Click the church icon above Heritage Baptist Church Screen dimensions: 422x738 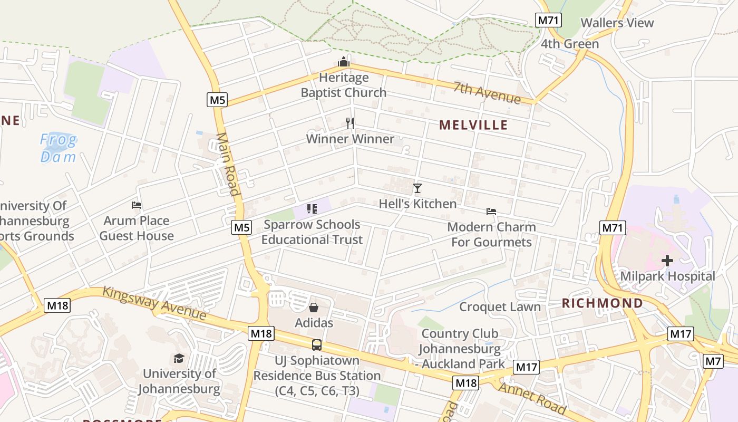pyautogui.click(x=344, y=62)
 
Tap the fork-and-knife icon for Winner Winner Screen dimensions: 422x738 pyautogui.click(x=350, y=123)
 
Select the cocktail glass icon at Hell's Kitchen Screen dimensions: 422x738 pyautogui.click(x=417, y=188)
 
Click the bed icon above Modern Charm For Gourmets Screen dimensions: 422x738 pyautogui.click(x=491, y=212)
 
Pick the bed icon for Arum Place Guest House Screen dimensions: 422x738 pyautogui.click(x=137, y=205)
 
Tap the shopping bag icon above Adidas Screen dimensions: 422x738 pyautogui.click(x=314, y=307)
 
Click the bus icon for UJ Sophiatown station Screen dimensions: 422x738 pyautogui.click(x=316, y=345)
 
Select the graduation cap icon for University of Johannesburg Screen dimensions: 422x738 pyautogui.click(x=179, y=359)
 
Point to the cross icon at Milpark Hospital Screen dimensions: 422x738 pyautogui.click(x=667, y=261)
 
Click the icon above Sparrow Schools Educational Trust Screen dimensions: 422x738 pyautogui.click(x=312, y=209)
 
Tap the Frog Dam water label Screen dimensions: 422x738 pyautogui.click(x=59, y=148)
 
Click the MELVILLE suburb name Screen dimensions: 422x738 pyautogui.click(x=473, y=125)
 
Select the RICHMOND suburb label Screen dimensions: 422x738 pyautogui.click(x=602, y=303)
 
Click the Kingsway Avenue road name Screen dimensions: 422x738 pyautogui.click(x=154, y=303)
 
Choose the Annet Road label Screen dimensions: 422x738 pyautogui.click(x=532, y=398)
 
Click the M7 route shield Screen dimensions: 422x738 pyautogui.click(x=713, y=361)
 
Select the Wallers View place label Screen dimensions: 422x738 pyautogui.click(x=617, y=23)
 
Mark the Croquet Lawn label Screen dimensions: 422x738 pyautogui.click(x=500, y=307)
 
